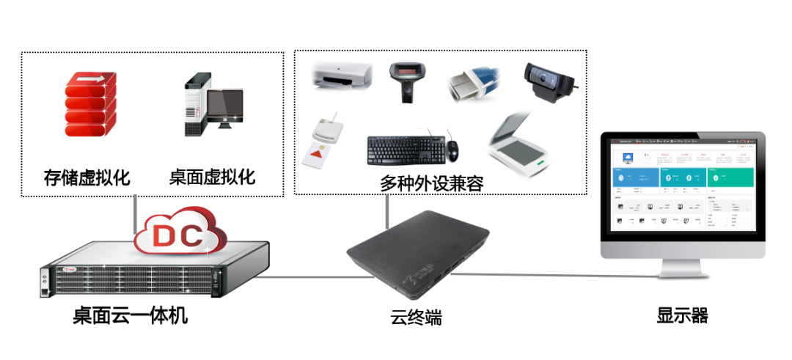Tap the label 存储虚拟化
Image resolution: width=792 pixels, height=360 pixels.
[87, 177]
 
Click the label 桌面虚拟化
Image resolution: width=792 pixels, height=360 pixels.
[212, 177]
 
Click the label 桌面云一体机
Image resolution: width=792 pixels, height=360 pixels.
[131, 317]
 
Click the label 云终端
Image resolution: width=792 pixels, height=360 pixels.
[416, 318]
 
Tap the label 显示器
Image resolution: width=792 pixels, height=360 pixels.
[682, 316]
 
